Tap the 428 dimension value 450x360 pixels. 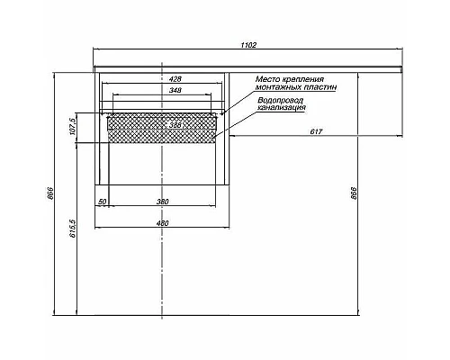[163, 79]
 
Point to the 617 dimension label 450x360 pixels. [316, 133]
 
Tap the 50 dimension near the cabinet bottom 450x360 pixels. [102, 202]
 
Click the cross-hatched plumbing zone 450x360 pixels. [135, 128]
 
